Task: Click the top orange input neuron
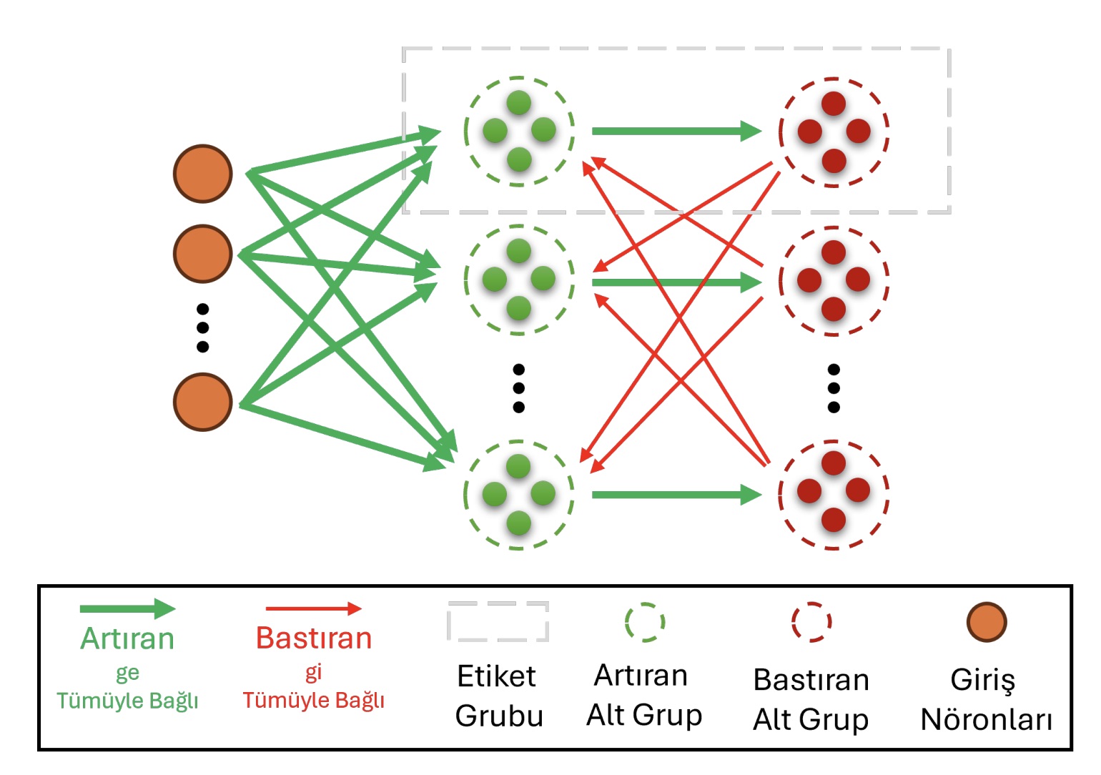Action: click(x=203, y=174)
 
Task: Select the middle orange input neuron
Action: click(x=203, y=254)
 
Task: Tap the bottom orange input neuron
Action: click(x=203, y=402)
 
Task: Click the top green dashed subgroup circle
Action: click(x=519, y=132)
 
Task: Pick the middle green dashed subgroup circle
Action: click(x=519, y=280)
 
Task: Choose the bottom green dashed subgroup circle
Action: click(x=519, y=495)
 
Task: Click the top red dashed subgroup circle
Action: click(x=834, y=132)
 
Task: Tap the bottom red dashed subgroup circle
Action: click(x=834, y=494)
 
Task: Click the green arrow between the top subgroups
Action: click(x=676, y=131)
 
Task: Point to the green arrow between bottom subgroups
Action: click(x=676, y=495)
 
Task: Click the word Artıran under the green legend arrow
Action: click(x=127, y=638)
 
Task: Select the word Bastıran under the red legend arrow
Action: click(x=314, y=638)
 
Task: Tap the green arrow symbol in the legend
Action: click(x=127, y=609)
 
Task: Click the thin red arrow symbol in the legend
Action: click(x=313, y=609)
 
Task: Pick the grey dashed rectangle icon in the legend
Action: click(x=498, y=621)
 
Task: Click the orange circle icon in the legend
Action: click(x=987, y=622)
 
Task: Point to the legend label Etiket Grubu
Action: click(x=498, y=696)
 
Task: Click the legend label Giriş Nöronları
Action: click(x=986, y=699)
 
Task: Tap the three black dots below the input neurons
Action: click(x=203, y=328)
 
